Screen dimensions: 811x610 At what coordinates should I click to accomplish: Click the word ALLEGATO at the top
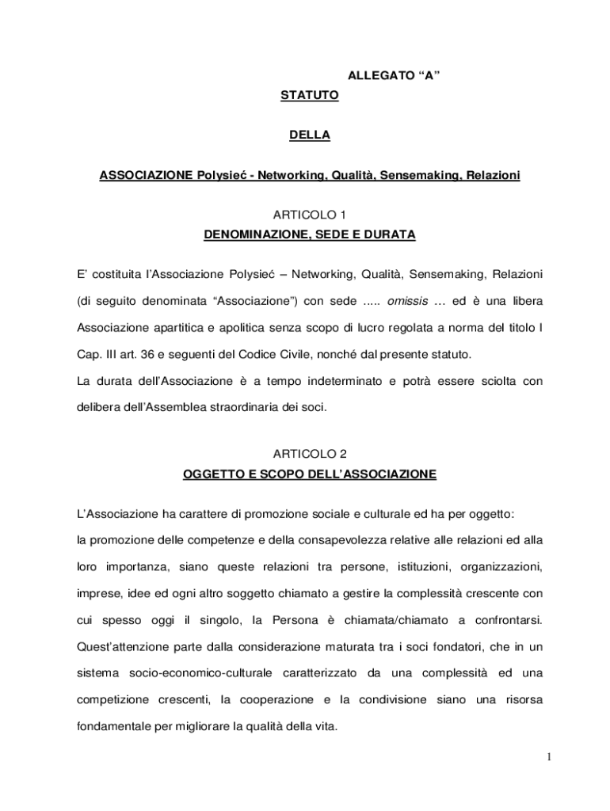(x=378, y=76)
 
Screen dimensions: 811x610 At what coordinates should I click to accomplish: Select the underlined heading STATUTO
(x=309, y=96)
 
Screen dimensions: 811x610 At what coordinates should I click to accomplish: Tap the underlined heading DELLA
(x=309, y=135)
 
